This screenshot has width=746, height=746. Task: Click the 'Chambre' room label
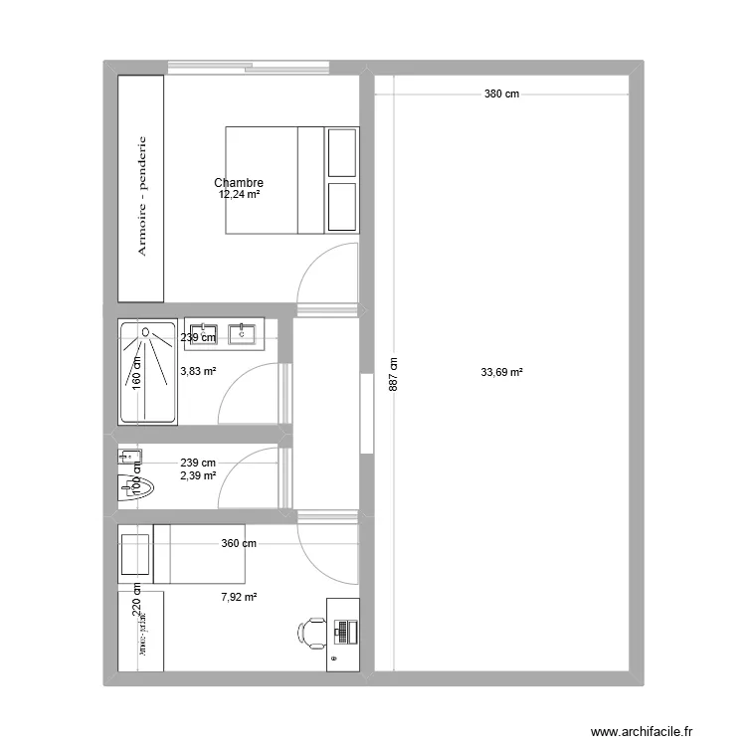coord(239,183)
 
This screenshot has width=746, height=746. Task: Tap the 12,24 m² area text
coord(239,195)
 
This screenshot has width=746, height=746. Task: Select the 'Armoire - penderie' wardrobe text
coord(142,196)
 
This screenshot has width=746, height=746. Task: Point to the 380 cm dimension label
coord(501,94)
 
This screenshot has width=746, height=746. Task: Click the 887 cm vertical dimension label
coord(393,375)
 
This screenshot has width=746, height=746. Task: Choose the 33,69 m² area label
coord(501,373)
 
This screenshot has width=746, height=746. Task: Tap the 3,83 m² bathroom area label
coord(198,372)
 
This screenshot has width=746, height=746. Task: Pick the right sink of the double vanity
coord(243,333)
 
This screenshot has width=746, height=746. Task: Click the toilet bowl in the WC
coord(135,487)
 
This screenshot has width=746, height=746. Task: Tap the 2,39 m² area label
coord(198,475)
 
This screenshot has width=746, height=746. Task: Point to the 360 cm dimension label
coord(239,543)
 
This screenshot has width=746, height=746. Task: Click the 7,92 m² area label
coord(239,597)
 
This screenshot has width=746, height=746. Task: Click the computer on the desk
coord(343,631)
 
